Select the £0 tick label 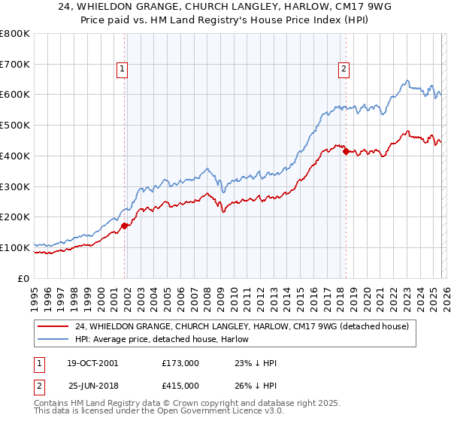[24, 278]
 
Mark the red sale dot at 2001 [125, 225]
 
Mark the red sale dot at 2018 [346, 151]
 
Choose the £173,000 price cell [180, 363]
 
